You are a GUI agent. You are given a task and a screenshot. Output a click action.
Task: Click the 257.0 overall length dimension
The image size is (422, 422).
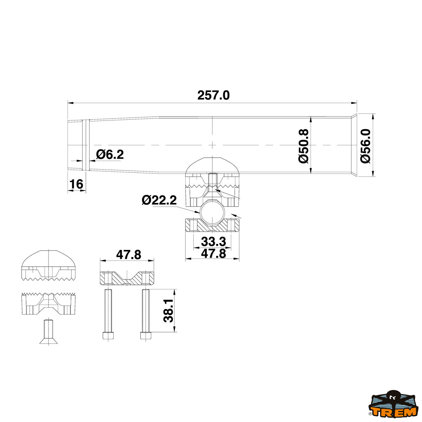[x=213, y=96]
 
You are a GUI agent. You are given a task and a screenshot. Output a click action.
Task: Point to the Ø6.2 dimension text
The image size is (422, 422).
[x=110, y=154]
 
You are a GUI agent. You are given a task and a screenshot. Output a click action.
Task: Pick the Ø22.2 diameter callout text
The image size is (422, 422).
[x=159, y=200]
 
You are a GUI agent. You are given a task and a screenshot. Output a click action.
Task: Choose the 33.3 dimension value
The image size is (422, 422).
[x=213, y=242]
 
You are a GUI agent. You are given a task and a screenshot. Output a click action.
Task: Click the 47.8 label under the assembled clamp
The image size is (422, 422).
[x=213, y=254]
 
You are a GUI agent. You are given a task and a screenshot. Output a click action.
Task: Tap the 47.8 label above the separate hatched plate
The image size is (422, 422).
[x=129, y=255]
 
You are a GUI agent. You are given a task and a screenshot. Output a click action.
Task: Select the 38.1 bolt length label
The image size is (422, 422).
[x=168, y=311]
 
